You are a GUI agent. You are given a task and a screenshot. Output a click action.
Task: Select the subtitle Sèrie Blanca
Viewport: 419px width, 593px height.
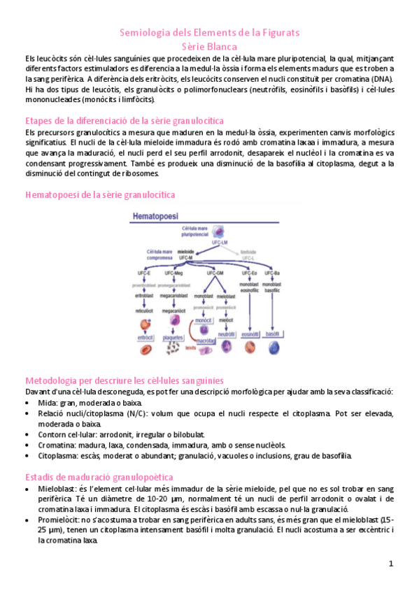(209, 45)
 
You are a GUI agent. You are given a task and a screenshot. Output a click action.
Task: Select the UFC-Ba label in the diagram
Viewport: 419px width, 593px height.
(274, 273)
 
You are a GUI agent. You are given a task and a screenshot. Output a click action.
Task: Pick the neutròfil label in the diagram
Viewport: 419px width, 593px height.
(225, 335)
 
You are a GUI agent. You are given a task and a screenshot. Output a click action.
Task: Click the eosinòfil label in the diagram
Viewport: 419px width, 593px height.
(250, 335)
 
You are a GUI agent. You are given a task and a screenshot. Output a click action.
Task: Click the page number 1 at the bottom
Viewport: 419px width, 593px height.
(392, 564)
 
